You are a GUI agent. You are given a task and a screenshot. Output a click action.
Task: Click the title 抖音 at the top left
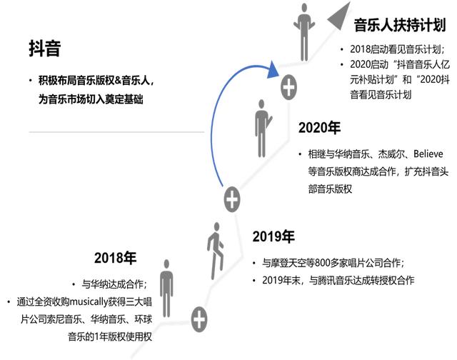[45, 49]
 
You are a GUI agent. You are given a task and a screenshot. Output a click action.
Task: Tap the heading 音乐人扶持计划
[400, 25]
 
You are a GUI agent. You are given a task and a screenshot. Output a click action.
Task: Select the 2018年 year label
[116, 258]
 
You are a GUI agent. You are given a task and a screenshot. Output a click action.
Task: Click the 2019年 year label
[273, 236]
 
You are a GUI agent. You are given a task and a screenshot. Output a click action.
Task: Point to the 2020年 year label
[319, 127]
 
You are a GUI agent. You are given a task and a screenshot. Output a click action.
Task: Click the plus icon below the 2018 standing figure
[199, 319]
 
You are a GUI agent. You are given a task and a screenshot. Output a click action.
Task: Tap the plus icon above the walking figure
[232, 199]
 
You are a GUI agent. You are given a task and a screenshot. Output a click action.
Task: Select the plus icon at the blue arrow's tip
[288, 87]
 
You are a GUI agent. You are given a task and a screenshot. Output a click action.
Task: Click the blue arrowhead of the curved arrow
[273, 70]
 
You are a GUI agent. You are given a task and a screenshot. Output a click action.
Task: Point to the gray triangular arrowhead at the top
[341, 17]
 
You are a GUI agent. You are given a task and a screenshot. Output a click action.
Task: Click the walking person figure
[216, 251]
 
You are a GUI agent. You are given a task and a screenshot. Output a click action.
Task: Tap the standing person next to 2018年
[166, 289]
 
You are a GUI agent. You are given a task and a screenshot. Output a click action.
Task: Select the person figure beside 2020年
[262, 129]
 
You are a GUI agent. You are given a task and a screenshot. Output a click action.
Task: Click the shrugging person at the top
[304, 32]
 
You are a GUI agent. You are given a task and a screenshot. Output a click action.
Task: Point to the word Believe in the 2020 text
[428, 154]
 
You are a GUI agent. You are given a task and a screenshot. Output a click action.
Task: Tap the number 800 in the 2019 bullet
[322, 263]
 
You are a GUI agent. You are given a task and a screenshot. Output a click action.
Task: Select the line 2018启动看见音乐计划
[397, 49]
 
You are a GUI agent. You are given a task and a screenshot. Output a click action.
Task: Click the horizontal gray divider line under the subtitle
[116, 132]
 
